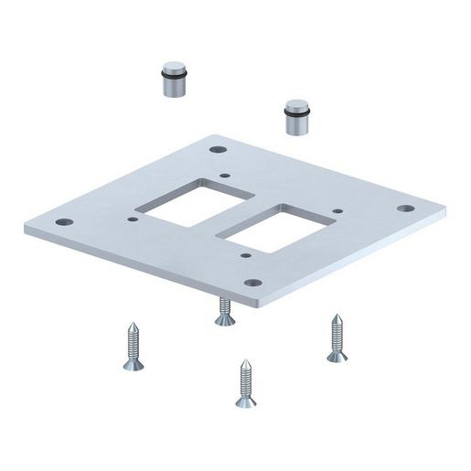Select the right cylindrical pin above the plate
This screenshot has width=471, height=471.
pyautogui.click(x=297, y=117)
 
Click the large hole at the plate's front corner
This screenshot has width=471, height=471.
pyautogui.click(x=254, y=282)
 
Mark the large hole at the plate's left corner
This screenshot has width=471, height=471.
pyautogui.click(x=63, y=221)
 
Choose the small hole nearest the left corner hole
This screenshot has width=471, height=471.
pyautogui.click(x=134, y=219)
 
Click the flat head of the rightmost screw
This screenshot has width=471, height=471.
pyautogui.click(x=337, y=356)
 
